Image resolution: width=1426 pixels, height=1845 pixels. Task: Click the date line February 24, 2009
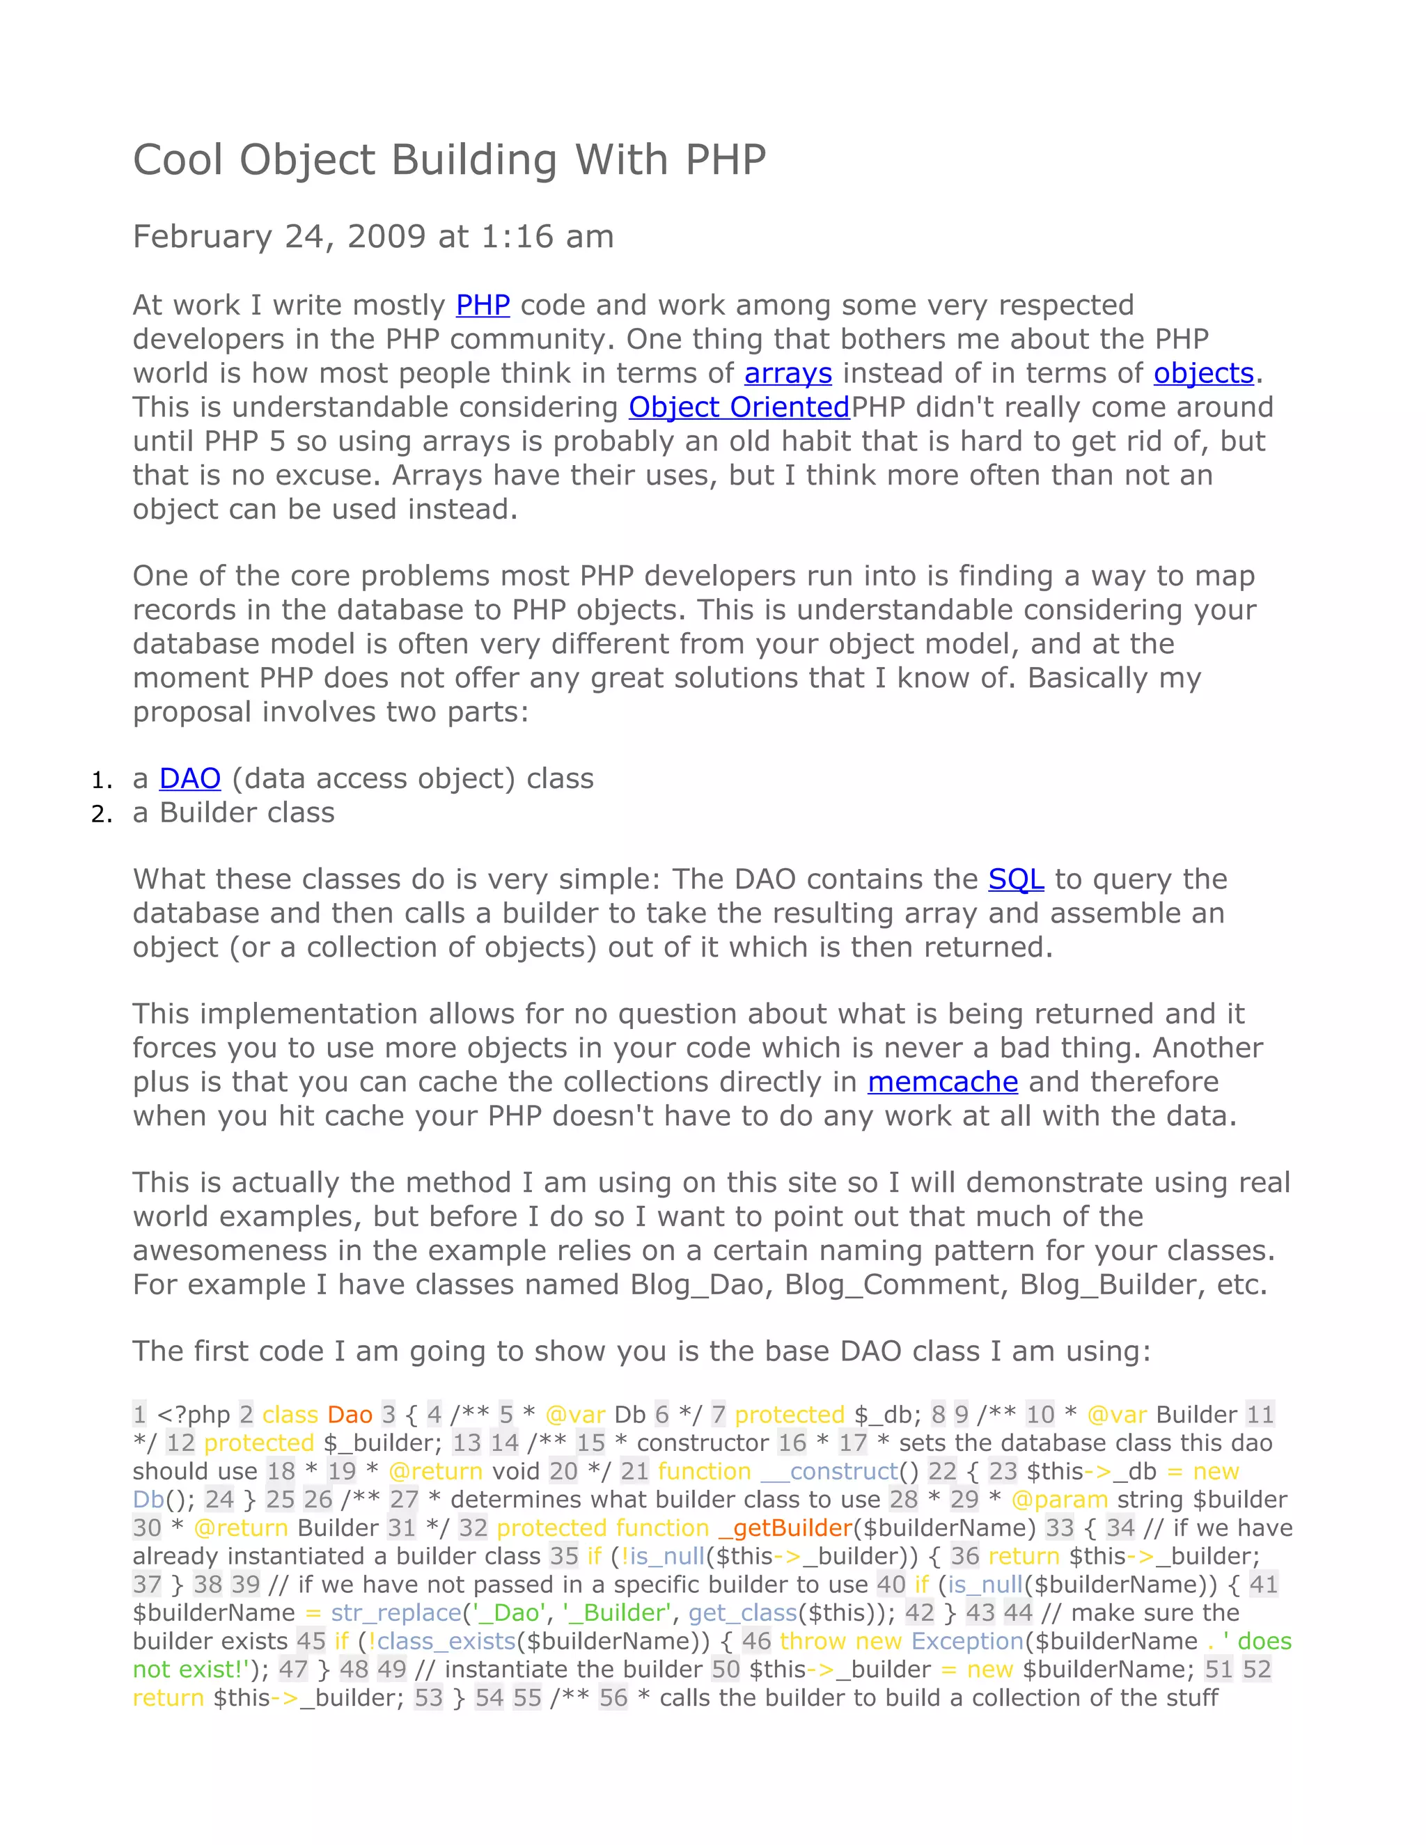373,237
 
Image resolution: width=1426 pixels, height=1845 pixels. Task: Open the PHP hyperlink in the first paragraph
483,305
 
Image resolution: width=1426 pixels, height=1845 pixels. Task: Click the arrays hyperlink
788,373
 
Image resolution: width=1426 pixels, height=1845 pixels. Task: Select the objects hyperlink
1203,373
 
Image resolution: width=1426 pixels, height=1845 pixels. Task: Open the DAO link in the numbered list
190,778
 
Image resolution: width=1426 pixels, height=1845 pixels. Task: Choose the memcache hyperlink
942,1082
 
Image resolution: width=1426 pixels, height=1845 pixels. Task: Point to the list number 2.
100,813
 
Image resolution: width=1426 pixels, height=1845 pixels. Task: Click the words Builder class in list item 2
246,812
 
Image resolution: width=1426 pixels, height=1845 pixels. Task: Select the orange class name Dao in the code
350,1415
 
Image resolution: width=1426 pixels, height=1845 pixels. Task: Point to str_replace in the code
396,1612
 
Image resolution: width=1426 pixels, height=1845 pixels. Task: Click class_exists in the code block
447,1642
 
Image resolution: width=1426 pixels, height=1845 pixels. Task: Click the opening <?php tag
194,1415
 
